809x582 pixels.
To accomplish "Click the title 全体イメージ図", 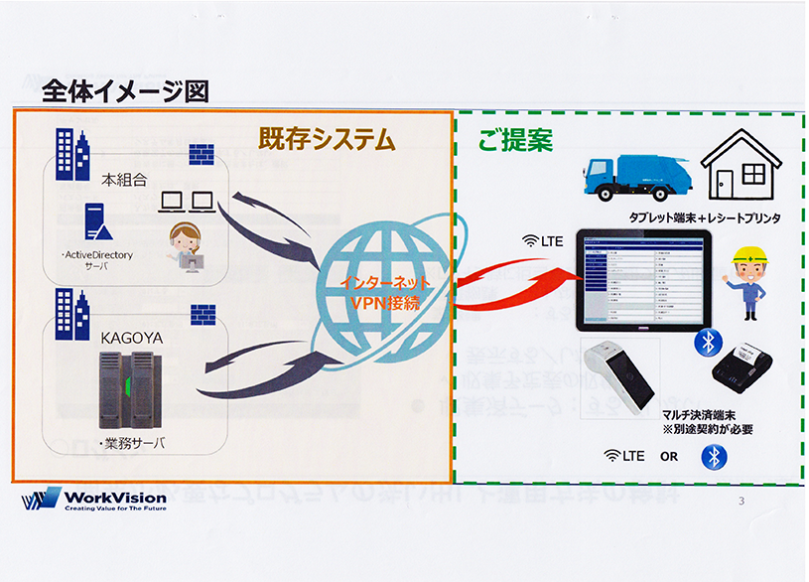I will coord(126,91).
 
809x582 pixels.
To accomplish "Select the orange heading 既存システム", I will coord(327,140).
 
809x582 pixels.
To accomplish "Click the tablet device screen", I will coord(643,281).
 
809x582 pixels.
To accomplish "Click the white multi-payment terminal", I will coord(616,375).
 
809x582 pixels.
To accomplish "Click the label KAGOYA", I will coord(130,337).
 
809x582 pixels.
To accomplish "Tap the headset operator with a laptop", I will coord(185,247).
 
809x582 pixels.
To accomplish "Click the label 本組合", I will coord(124,182).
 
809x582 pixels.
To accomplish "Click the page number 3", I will coord(741,501).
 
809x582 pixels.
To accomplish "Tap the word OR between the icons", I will coord(669,456).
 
